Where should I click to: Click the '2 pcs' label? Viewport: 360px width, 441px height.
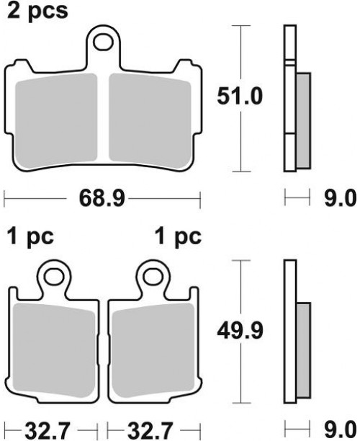tap(37, 12)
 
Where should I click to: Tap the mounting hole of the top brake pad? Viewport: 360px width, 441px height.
tap(103, 43)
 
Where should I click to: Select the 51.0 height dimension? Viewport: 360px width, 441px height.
tap(240, 97)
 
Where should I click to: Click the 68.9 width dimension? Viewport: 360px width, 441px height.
tap(102, 198)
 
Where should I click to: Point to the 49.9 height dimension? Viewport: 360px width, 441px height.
tap(240, 331)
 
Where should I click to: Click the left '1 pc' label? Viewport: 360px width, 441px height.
tap(30, 237)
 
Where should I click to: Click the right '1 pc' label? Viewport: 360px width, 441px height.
tap(178, 237)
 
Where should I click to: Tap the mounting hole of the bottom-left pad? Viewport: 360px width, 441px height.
tap(54, 277)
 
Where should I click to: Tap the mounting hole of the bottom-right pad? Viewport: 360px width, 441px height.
tap(153, 277)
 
